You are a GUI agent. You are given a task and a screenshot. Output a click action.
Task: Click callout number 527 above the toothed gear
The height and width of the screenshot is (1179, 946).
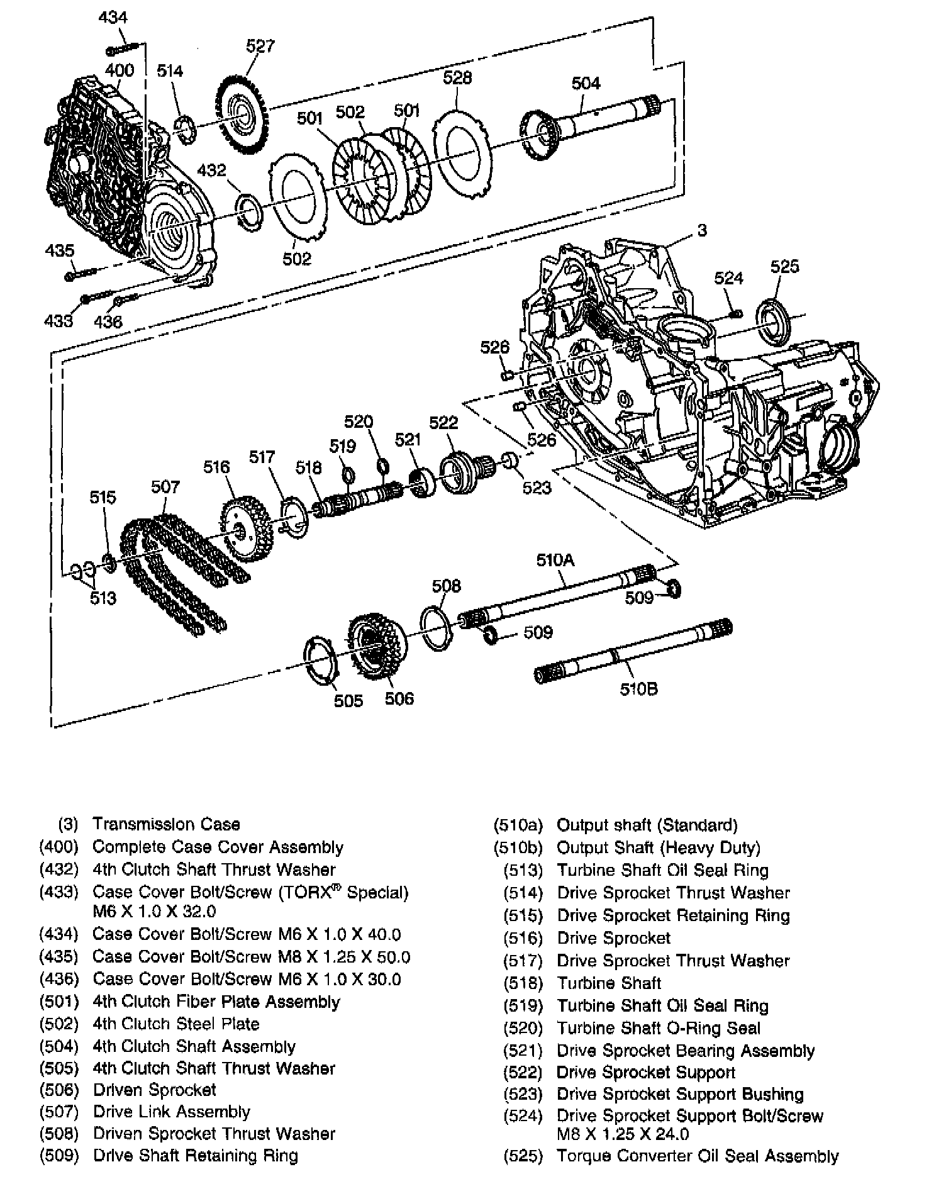tap(260, 46)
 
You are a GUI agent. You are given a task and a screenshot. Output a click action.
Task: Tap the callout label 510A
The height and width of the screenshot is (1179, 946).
tap(555, 560)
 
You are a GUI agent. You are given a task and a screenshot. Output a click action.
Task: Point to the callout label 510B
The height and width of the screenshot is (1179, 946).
tap(638, 689)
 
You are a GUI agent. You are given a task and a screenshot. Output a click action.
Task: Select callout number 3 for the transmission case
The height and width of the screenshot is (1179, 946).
tap(702, 230)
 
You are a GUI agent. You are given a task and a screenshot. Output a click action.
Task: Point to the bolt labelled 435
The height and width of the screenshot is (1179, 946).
tap(81, 274)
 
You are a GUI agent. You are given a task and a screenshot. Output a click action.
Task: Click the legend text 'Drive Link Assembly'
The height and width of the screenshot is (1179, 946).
tap(171, 1112)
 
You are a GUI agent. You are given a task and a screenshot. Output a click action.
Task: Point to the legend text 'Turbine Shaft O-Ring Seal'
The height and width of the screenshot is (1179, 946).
tap(659, 1028)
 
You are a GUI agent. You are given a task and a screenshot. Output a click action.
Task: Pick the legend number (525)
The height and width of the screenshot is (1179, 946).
tap(523, 1156)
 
